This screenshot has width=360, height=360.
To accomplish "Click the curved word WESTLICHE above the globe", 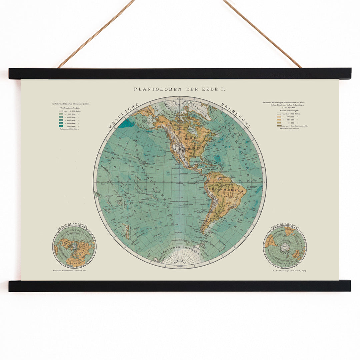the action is (x=122, y=115).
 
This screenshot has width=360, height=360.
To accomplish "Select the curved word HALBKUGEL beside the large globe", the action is (x=237, y=115).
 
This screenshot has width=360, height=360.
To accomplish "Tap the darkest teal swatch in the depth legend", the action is (x=61, y=126).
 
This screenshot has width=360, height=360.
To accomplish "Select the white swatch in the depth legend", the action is (x=61, y=111).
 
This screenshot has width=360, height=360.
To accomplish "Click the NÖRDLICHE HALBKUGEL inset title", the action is (x=74, y=227).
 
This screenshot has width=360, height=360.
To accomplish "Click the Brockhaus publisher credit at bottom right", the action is (x=288, y=271).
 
